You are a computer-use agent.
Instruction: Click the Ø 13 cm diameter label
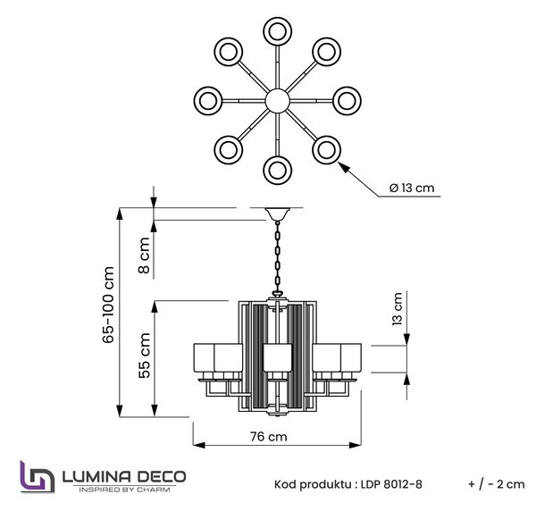(412, 188)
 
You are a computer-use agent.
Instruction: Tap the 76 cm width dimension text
(268, 437)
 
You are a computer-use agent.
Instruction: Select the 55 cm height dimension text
(145, 356)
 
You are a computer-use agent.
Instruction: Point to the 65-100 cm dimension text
(108, 305)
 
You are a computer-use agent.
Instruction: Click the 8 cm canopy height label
(144, 255)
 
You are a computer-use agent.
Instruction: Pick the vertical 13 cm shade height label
(398, 308)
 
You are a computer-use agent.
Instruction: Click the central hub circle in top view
(278, 101)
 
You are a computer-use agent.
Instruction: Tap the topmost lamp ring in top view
(278, 31)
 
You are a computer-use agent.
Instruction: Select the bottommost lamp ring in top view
(278, 171)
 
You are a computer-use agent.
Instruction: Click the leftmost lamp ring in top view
(208, 101)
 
